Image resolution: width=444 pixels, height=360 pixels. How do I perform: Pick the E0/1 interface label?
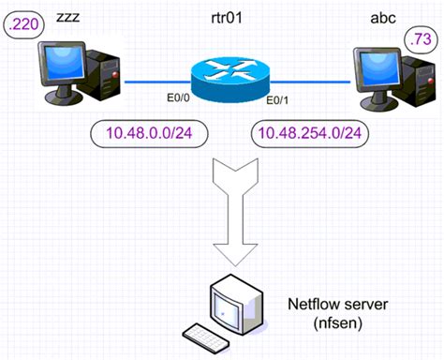280,101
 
